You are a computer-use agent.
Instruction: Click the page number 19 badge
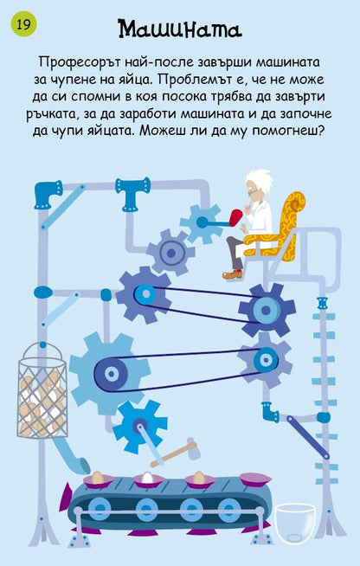click(x=24, y=24)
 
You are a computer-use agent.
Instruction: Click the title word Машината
click(x=180, y=29)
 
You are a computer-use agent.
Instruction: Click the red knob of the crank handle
click(x=235, y=218)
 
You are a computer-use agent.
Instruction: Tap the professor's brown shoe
click(x=232, y=274)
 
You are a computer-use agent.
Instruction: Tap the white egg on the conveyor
click(x=147, y=478)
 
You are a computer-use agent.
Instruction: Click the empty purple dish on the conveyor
click(x=255, y=479)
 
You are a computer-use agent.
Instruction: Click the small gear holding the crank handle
click(x=201, y=222)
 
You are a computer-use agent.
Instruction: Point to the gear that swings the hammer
click(x=139, y=427)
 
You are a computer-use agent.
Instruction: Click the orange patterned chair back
click(x=292, y=224)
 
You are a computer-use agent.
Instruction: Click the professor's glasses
click(x=253, y=191)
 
